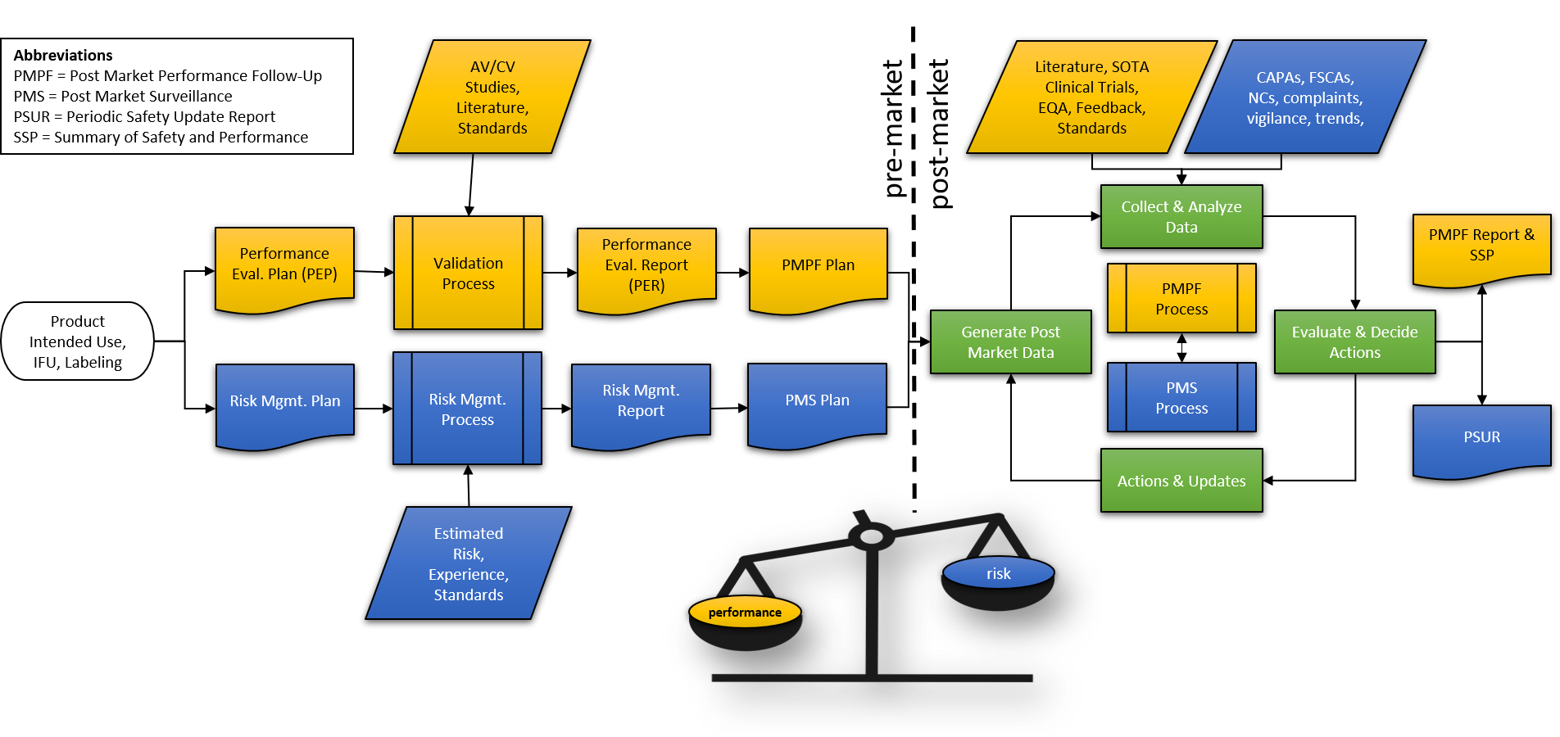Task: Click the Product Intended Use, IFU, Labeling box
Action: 78,341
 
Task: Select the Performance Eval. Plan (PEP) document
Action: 284,265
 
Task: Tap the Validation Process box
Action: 468,273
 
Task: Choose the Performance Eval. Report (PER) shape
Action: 646,265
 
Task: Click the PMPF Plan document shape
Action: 818,265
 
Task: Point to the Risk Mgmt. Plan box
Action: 284,401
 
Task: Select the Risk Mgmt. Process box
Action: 467,409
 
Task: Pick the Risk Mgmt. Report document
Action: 641,401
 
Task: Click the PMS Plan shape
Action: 817,400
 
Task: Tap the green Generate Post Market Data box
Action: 1010,342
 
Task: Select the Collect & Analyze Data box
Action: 1181,217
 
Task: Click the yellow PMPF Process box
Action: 1181,299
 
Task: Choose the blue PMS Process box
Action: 1181,398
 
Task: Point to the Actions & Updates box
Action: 1181,481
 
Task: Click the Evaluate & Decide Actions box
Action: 1354,342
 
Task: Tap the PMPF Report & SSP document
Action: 1481,246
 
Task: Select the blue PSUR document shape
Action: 1481,437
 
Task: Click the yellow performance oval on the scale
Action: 745,613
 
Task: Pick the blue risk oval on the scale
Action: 998,573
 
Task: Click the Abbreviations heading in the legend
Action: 63,56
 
